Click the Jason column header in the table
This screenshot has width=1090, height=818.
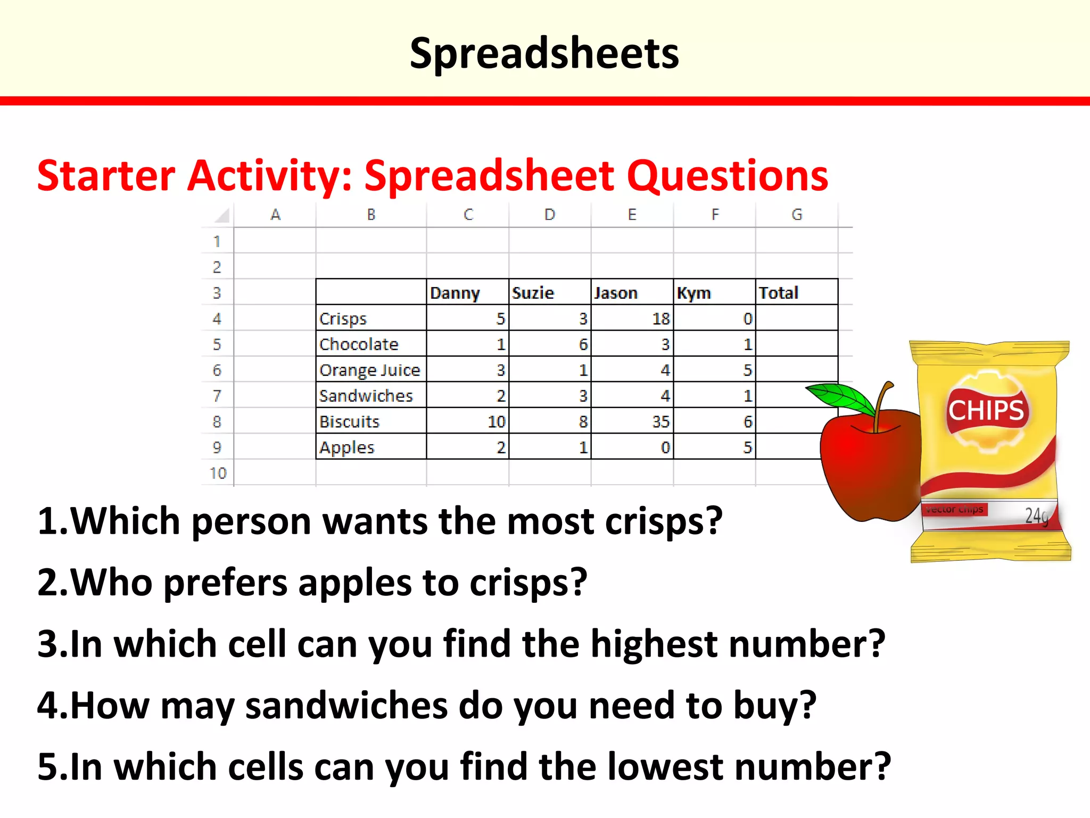[x=616, y=293]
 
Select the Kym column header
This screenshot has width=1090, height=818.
[x=693, y=293]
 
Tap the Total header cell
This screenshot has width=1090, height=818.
[x=779, y=293]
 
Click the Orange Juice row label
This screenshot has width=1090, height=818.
[x=370, y=370]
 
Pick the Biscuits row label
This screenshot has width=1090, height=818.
[x=349, y=422]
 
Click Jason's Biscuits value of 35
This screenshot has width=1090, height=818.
[x=660, y=422]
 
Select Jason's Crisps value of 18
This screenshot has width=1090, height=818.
[x=660, y=319]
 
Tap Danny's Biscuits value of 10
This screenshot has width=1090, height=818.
[x=496, y=422]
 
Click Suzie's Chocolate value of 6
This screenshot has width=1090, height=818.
[x=583, y=345]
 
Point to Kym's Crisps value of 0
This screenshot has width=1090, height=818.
[x=747, y=319]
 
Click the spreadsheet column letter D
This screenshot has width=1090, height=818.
[x=550, y=215]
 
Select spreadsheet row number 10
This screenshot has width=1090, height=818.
[x=218, y=473]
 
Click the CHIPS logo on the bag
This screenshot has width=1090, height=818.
[x=986, y=410]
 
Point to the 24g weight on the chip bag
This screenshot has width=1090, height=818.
[x=1036, y=516]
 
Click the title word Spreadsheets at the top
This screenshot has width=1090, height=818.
[x=544, y=53]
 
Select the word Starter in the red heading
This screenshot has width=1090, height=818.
[x=106, y=176]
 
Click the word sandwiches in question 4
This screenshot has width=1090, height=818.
[x=346, y=705]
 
